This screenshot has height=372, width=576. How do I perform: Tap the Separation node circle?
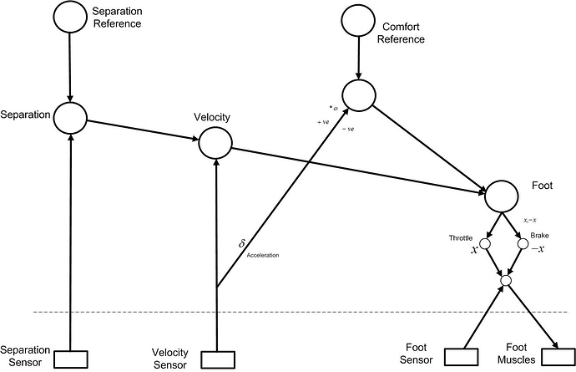tap(71, 117)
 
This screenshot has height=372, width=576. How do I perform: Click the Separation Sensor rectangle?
tap(71, 359)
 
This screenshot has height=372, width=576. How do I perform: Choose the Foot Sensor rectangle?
tap(461, 358)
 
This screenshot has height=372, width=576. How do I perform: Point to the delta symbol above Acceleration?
tap(242, 243)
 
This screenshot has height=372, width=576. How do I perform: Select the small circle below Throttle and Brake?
tap(504, 280)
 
